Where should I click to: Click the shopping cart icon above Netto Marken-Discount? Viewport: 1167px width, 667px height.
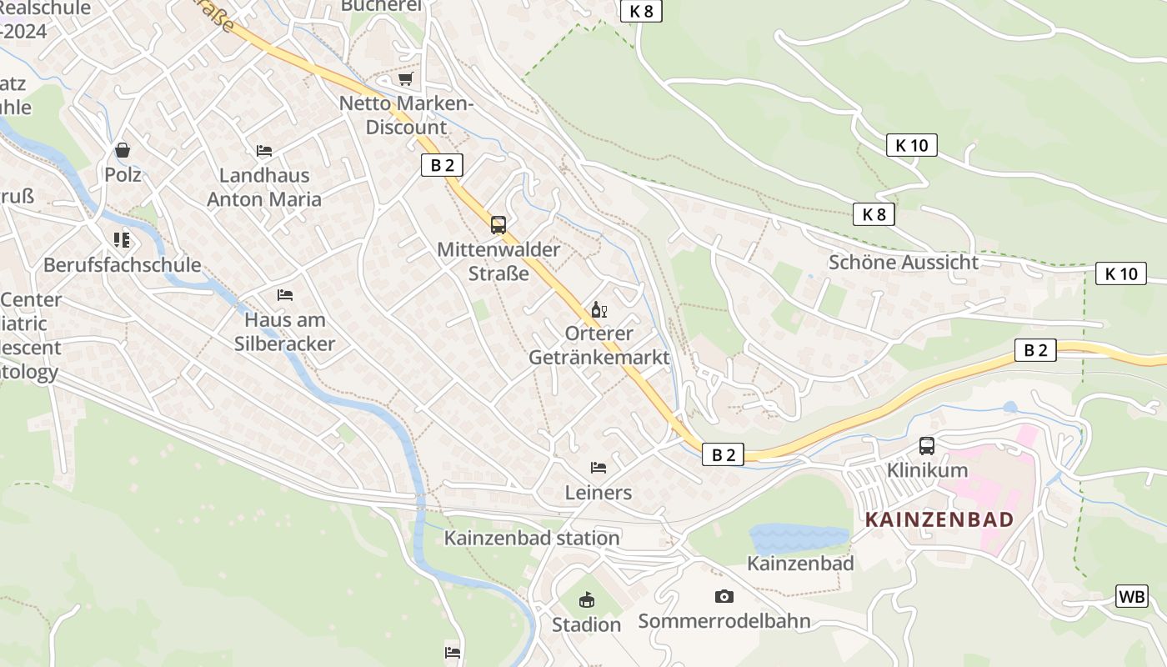point(405,79)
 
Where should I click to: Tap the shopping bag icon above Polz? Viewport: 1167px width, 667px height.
point(123,151)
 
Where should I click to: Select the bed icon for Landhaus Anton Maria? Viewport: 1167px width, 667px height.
point(264,151)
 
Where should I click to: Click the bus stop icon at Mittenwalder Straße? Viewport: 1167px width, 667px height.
point(498,225)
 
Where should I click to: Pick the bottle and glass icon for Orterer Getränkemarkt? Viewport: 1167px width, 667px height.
point(599,310)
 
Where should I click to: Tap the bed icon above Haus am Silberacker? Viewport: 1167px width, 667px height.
point(285,295)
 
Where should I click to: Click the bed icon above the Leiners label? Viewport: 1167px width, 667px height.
point(598,468)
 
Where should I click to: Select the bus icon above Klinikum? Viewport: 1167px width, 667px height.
point(926,446)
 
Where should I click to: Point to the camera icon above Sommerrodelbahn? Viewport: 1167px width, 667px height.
point(724,596)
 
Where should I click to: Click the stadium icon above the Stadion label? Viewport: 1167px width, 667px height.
point(587,599)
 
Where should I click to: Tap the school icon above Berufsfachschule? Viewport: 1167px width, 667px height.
point(122,240)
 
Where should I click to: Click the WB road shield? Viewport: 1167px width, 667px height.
point(1131,596)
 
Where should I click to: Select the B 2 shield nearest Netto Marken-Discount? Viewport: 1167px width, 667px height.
point(442,164)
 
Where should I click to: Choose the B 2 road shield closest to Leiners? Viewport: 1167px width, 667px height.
point(722,454)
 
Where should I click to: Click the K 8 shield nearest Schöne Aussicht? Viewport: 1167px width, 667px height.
point(874,214)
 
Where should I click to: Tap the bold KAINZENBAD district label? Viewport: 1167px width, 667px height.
point(939,519)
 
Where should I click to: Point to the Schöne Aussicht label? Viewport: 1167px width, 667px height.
point(903,262)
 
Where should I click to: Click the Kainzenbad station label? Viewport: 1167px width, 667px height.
point(531,538)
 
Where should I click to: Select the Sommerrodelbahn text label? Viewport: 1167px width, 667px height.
point(724,621)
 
